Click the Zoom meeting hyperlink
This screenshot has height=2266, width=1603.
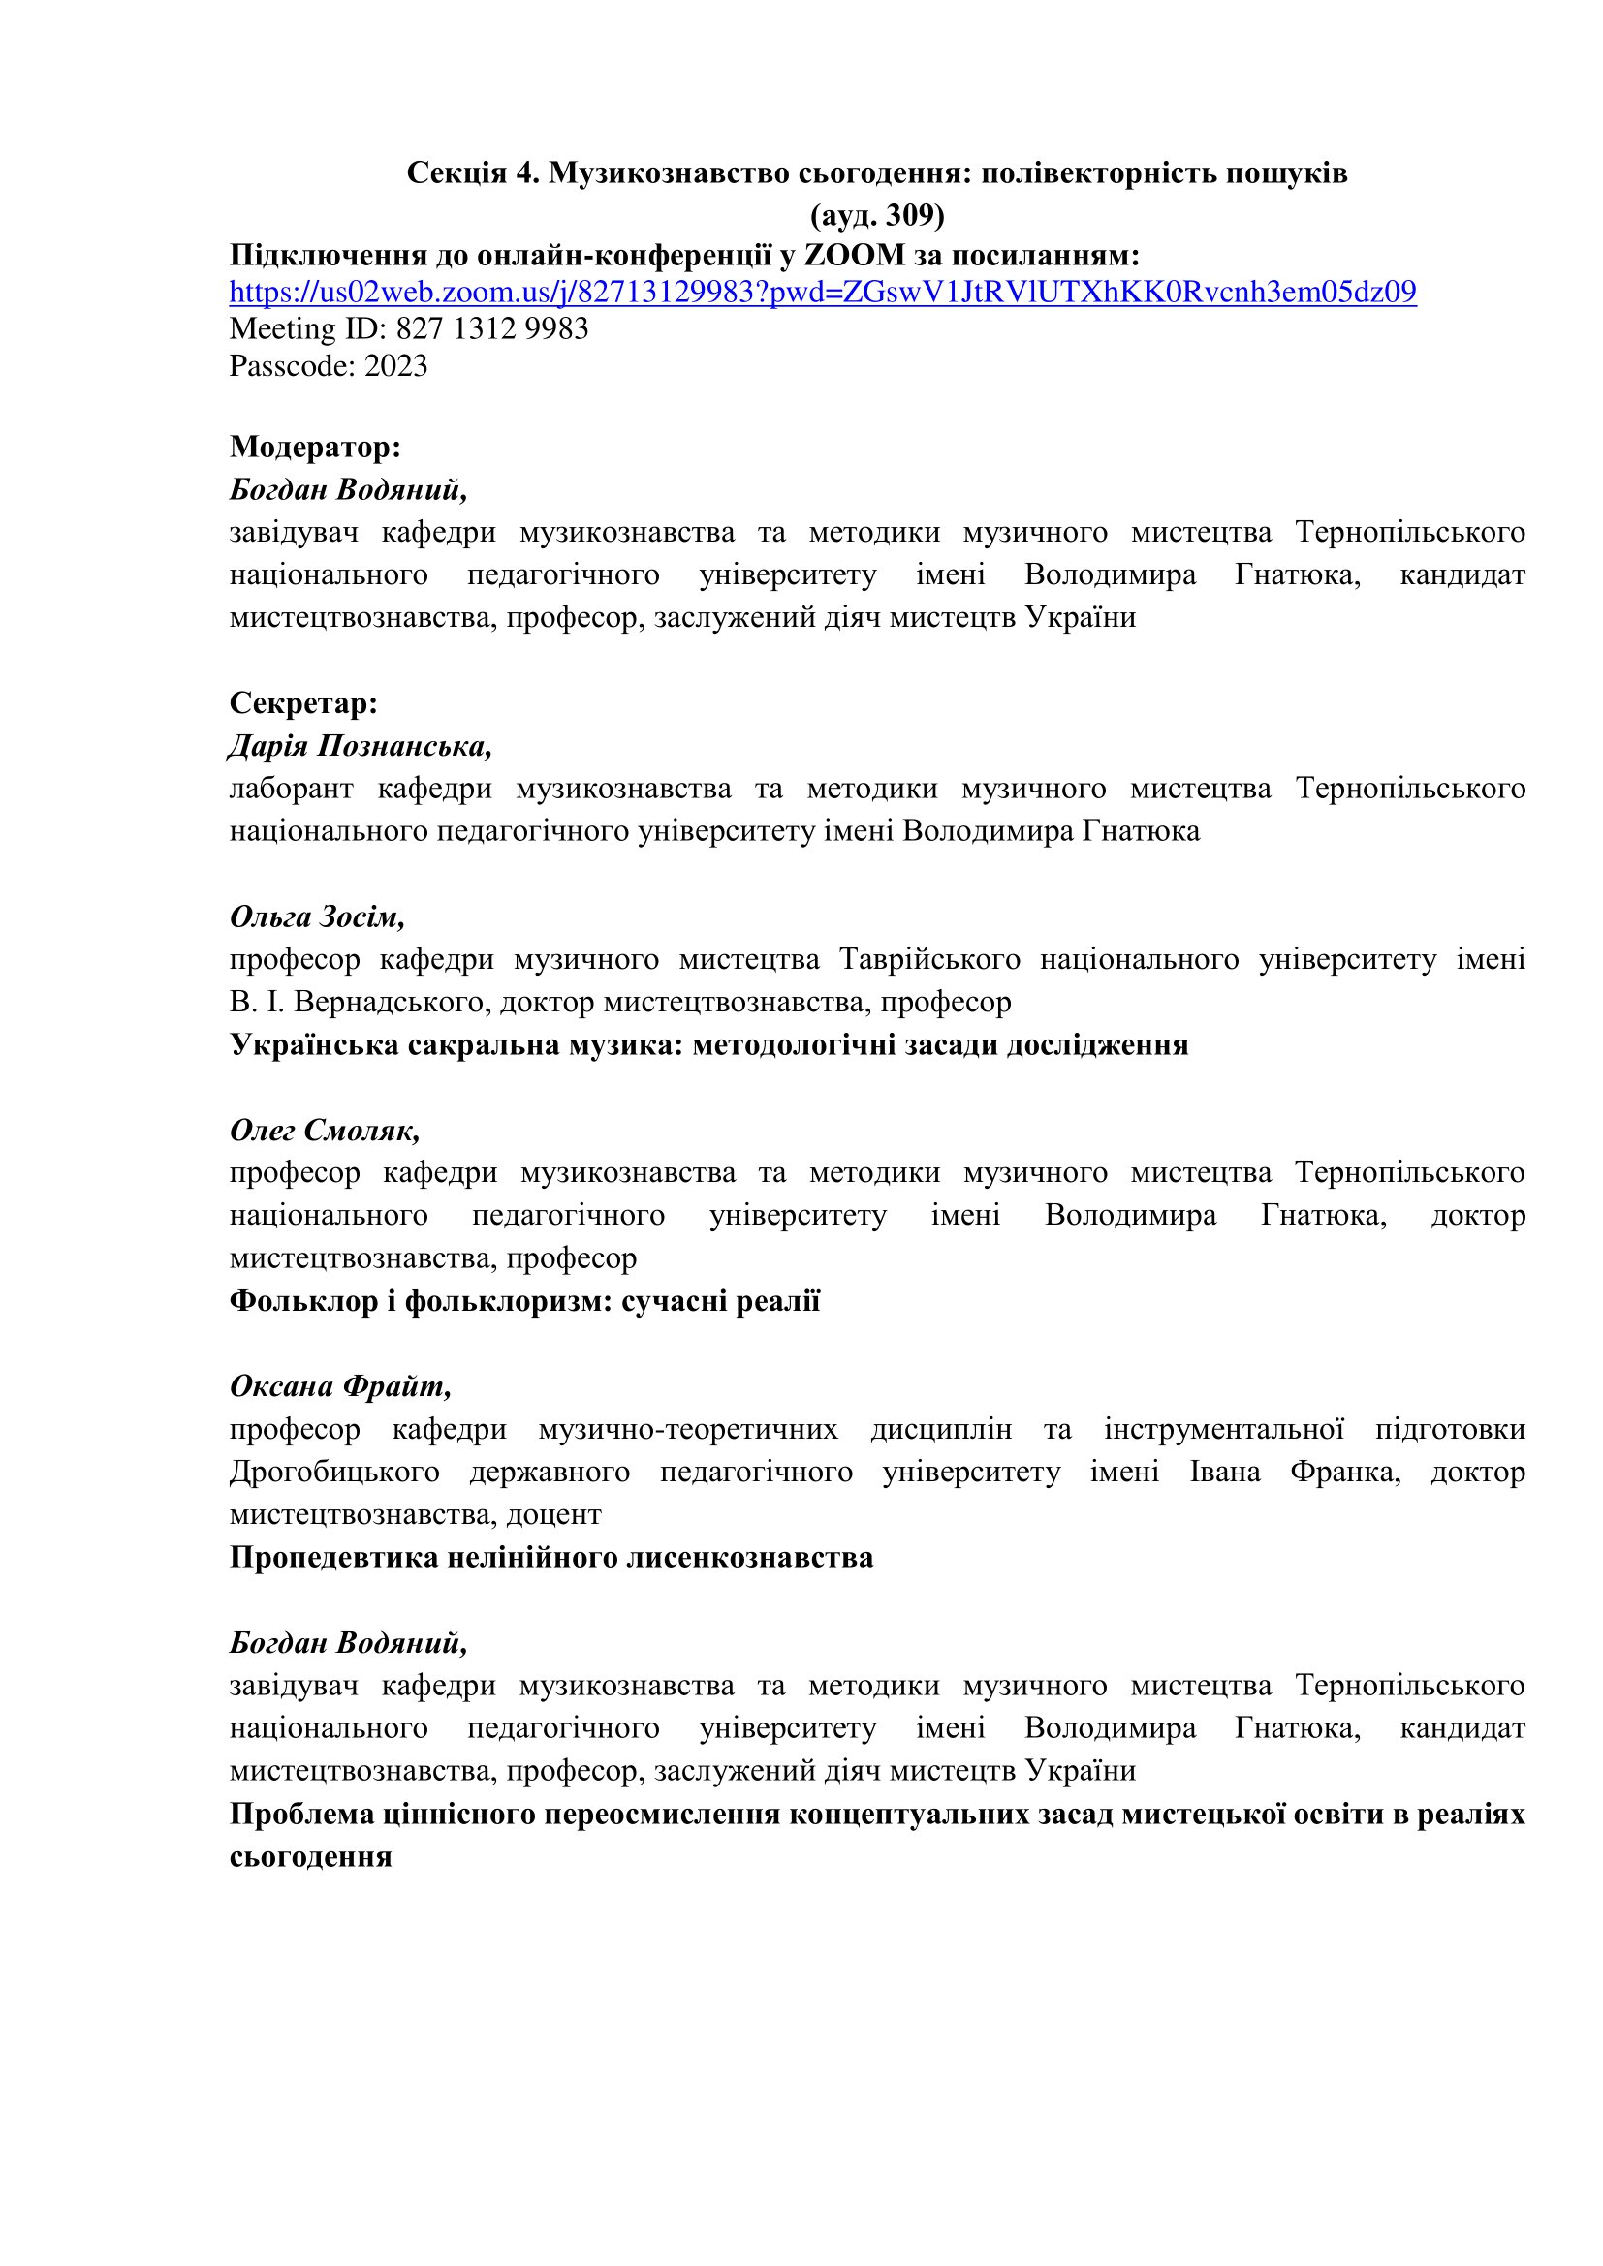(x=822, y=293)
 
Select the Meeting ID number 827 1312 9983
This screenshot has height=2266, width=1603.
(x=491, y=328)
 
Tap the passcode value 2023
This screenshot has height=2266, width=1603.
(x=395, y=366)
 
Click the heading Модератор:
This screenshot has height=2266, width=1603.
(x=315, y=447)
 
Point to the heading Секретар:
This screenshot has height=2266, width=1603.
(x=303, y=702)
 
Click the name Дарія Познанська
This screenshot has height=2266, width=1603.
(x=360, y=746)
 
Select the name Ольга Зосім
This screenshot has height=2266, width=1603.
(x=316, y=916)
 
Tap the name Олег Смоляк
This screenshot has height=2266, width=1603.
(x=324, y=1130)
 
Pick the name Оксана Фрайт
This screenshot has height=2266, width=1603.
(x=339, y=1386)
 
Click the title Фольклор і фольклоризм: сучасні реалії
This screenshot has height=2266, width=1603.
(x=524, y=1301)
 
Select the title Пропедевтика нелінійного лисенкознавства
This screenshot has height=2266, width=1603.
(x=550, y=1558)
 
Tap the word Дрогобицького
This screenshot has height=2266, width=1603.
(x=333, y=1472)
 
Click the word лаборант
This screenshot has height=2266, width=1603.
(x=290, y=789)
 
